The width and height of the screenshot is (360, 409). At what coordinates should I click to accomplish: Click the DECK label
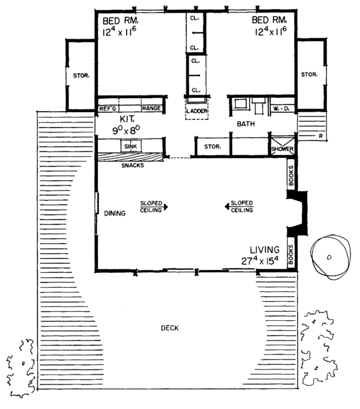click(169, 328)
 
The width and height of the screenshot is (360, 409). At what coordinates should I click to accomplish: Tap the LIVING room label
click(265, 249)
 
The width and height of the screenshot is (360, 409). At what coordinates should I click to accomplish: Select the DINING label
click(114, 213)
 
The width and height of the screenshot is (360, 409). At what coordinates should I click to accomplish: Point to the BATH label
click(245, 125)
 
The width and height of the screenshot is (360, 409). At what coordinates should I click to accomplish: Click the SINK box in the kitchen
click(130, 146)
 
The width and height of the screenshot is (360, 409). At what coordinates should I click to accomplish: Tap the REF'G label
click(107, 109)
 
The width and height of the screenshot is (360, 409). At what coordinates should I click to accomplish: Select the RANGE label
click(150, 109)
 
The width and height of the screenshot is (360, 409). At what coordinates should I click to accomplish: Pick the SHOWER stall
click(281, 149)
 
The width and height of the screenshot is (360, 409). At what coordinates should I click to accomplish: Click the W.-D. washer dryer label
click(280, 109)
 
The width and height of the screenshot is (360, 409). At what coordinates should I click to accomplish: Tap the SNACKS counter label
click(133, 166)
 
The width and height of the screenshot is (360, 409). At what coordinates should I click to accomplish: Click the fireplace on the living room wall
click(298, 213)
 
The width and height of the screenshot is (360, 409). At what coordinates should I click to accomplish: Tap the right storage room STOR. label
click(309, 74)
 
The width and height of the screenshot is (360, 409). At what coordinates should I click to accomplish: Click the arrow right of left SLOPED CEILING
click(166, 206)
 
